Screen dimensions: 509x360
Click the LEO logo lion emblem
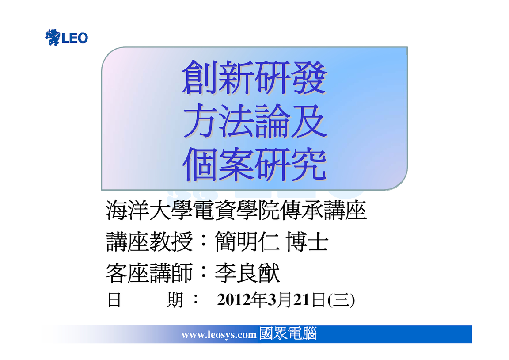52,37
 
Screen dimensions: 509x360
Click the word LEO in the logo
75,38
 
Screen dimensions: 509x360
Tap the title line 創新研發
254,78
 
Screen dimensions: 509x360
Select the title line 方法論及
255,121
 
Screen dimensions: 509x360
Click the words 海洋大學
149,211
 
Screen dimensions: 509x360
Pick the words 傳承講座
323,211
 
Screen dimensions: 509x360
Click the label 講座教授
149,242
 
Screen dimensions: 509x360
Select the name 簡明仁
247,242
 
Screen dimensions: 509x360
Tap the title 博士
307,242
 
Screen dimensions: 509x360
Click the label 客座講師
149,273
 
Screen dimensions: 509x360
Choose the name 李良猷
247,273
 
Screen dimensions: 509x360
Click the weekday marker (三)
341,300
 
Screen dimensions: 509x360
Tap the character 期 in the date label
175,300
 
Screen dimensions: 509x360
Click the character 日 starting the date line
114,300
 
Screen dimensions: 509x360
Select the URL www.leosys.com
219,335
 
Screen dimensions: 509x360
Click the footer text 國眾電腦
288,333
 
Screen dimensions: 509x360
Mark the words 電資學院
236,211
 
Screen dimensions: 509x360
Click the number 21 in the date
302,299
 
